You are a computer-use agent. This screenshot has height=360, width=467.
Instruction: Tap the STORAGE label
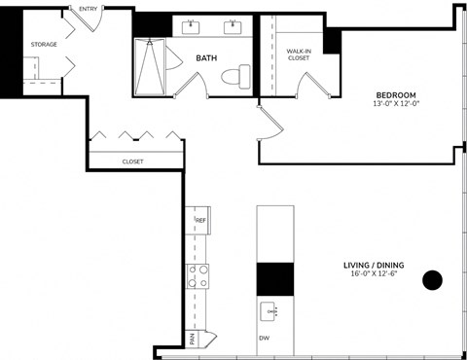click(x=44, y=44)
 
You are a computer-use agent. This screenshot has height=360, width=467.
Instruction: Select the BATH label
click(x=206, y=57)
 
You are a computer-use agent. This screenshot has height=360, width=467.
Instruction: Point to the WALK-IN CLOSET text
click(x=299, y=54)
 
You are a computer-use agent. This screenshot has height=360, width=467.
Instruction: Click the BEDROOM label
click(x=396, y=94)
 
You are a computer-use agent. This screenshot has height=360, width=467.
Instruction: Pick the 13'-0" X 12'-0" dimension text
click(x=396, y=105)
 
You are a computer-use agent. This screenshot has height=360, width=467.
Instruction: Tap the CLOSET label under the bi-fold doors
click(x=133, y=162)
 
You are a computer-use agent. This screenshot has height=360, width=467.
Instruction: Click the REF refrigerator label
click(x=199, y=221)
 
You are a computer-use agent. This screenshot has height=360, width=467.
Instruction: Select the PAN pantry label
click(x=193, y=339)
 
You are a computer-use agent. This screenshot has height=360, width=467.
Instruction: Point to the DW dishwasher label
click(x=264, y=338)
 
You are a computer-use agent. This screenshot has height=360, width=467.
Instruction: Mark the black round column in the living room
click(x=432, y=281)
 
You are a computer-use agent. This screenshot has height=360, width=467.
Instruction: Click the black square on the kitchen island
click(x=274, y=279)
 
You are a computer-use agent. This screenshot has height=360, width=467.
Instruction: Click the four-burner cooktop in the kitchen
click(x=198, y=276)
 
